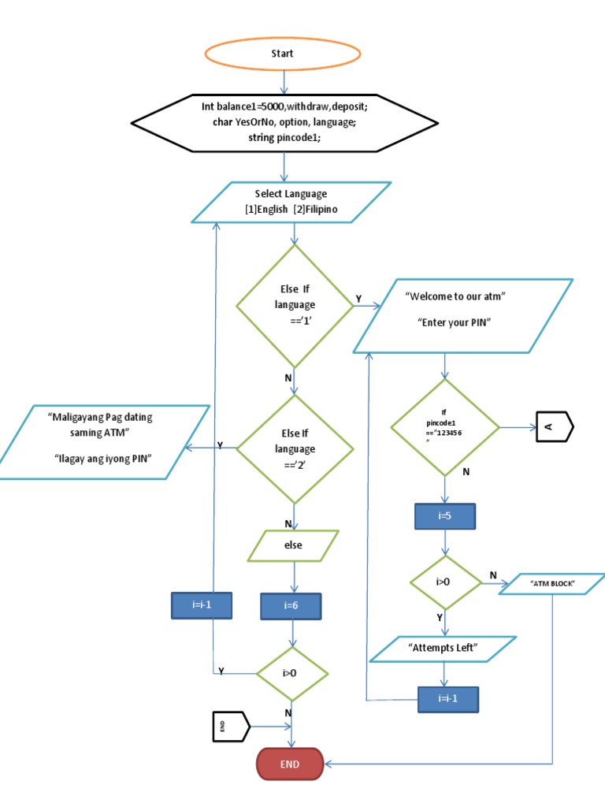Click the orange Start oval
tap(284, 54)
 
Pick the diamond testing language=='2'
tap(295, 448)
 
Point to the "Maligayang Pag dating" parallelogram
tap(104, 441)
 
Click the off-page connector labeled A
tap(555, 428)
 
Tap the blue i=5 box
tap(445, 516)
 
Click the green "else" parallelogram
tap(293, 545)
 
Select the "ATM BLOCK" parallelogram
tap(552, 584)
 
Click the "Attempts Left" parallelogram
tap(444, 648)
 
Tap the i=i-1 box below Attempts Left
tap(447, 698)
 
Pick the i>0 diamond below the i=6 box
tap(291, 674)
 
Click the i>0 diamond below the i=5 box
tap(445, 583)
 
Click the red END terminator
tap(290, 764)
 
